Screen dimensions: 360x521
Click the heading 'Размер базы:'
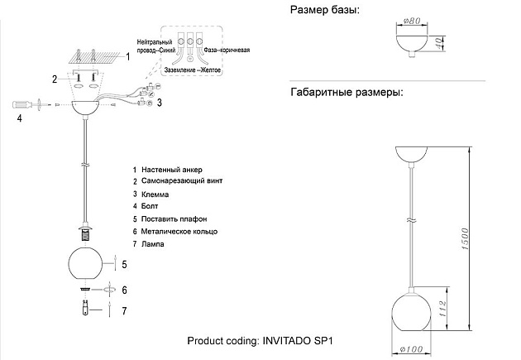click(x=325, y=10)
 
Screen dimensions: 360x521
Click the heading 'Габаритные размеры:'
click(x=347, y=92)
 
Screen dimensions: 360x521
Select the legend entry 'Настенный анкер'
click(x=171, y=169)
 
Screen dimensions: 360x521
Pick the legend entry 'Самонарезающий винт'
click(x=181, y=180)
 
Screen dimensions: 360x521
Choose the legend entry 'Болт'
click(x=151, y=204)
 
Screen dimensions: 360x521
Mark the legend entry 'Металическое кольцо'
click(x=179, y=233)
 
